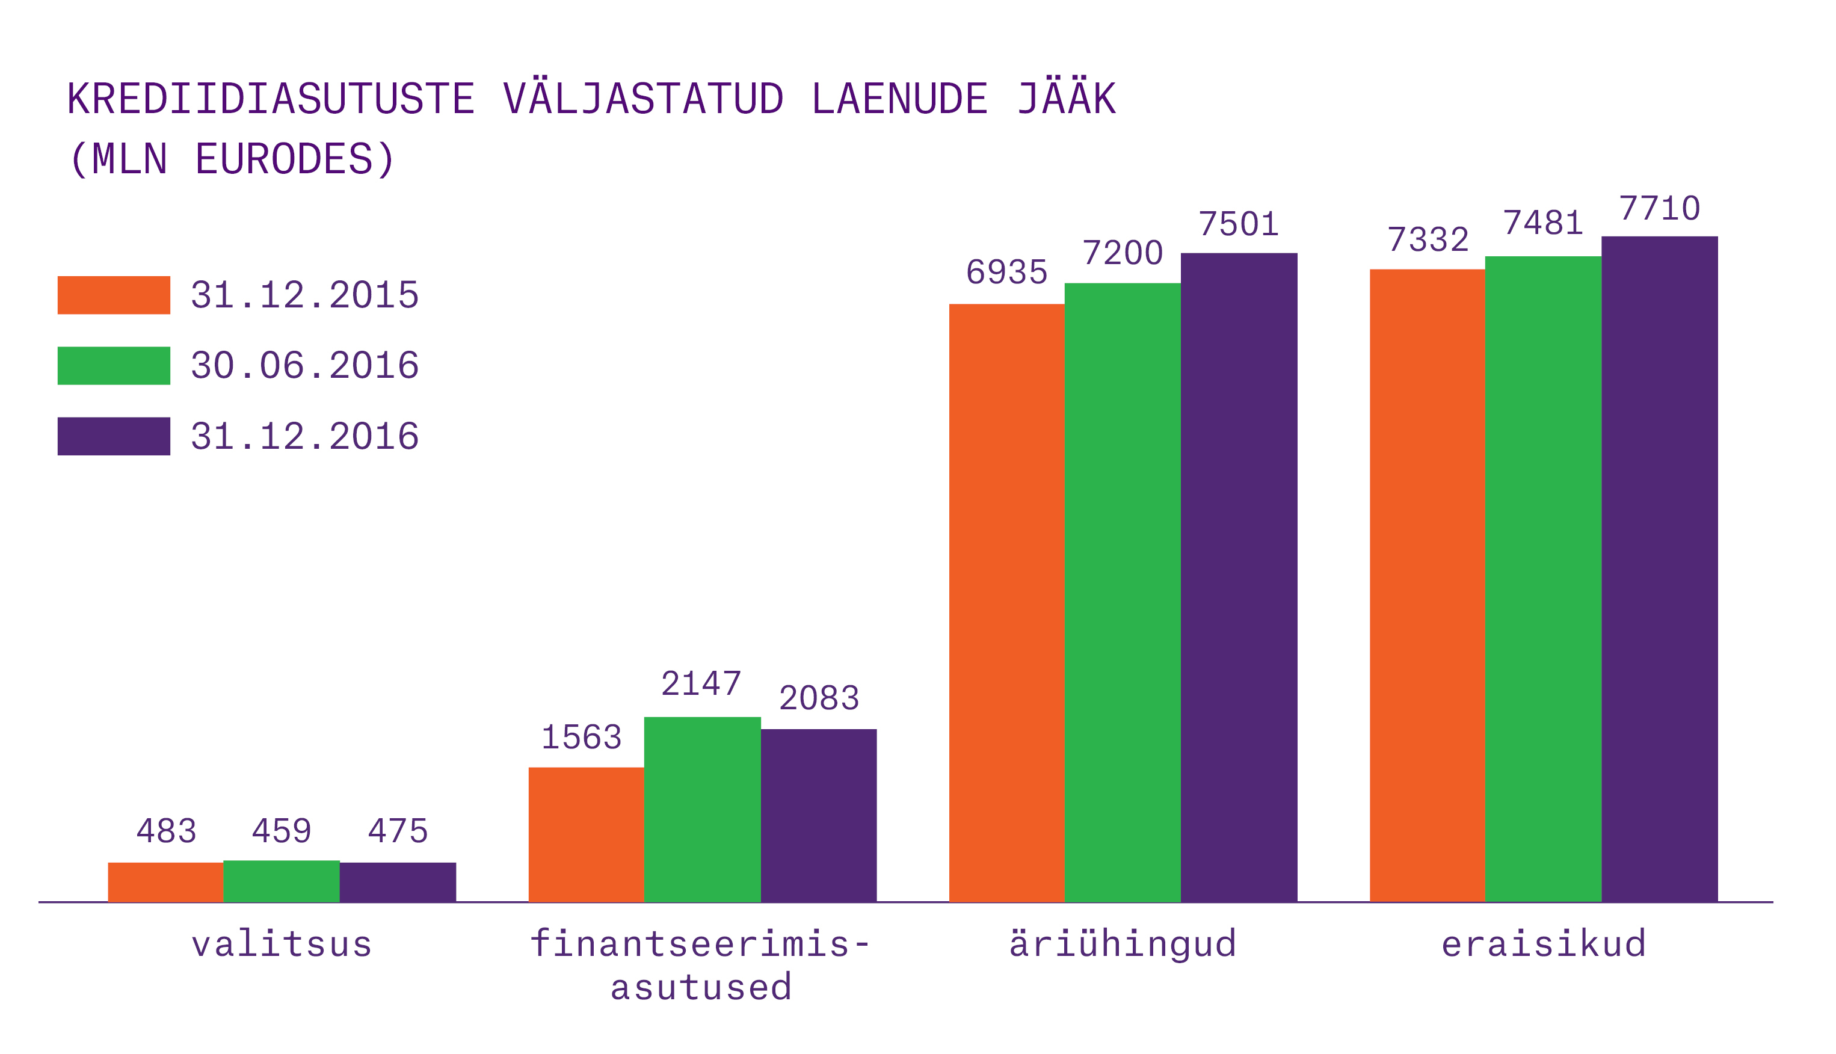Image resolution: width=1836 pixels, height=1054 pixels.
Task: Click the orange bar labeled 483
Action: point(165,882)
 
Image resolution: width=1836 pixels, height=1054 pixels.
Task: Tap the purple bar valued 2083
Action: point(819,815)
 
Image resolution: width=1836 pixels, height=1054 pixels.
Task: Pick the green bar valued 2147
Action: point(702,809)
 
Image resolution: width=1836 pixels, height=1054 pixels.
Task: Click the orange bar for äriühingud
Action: point(1006,602)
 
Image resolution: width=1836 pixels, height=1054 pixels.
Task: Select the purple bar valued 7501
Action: point(1239,577)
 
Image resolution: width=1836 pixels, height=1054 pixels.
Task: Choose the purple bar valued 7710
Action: point(1659,569)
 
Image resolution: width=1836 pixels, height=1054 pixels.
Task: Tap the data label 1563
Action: point(581,738)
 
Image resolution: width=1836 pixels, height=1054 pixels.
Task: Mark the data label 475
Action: point(397,831)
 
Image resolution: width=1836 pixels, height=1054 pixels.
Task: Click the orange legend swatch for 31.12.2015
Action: point(114,295)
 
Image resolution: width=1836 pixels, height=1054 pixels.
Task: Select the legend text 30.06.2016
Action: point(304,366)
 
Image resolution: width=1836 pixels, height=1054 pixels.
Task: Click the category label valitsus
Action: point(282,944)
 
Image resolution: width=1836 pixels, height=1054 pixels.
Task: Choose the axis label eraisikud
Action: point(1544,944)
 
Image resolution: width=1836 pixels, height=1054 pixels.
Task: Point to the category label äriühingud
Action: point(1123,944)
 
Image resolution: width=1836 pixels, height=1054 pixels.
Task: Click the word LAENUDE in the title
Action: point(899,99)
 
